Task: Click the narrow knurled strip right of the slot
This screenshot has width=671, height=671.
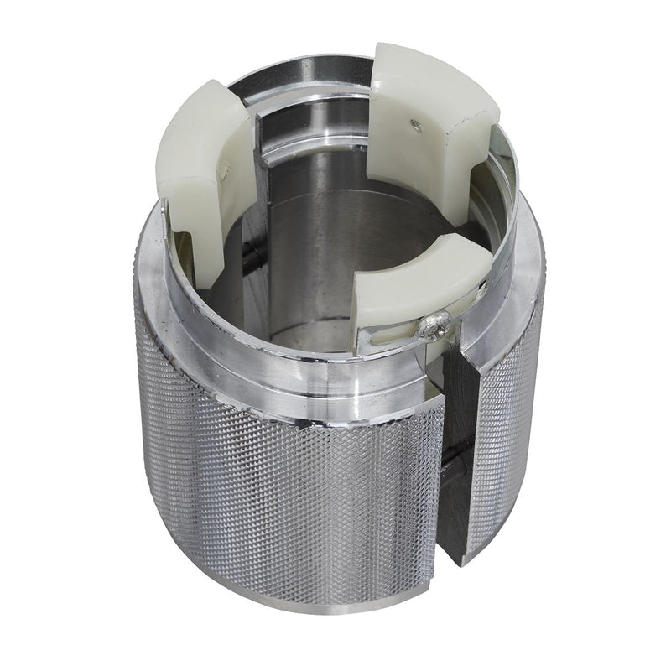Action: pyautogui.click(x=503, y=436)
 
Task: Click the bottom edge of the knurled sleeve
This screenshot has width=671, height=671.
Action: pyautogui.click(x=294, y=600)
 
